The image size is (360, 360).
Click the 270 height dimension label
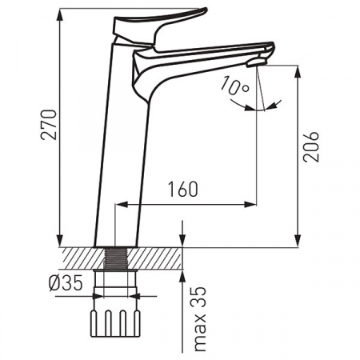(49, 124)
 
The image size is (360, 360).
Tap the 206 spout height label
(311, 146)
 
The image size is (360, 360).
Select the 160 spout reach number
(183, 189)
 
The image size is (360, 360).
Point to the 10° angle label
(235, 86)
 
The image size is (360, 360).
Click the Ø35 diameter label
(66, 283)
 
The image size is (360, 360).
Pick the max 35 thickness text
(200, 319)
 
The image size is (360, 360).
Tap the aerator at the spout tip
(257, 63)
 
